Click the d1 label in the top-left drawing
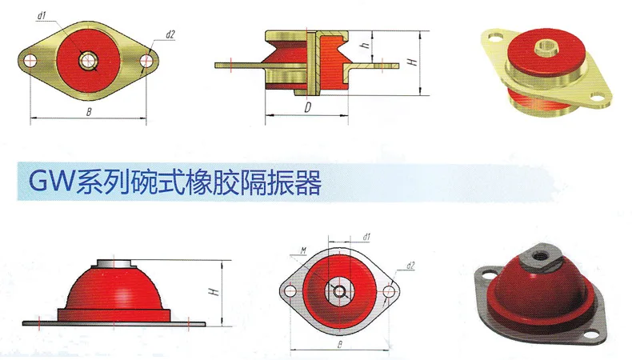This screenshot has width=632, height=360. click(41, 16)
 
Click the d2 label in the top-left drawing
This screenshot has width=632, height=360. click(170, 35)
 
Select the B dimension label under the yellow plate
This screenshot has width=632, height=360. click(89, 112)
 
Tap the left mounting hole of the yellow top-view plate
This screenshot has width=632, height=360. click(30, 61)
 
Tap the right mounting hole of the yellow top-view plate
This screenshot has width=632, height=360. click(146, 62)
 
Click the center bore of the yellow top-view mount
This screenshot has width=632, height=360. click(88, 61)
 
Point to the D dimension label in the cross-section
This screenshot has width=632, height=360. click(308, 108)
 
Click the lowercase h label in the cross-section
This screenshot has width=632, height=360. click(365, 44)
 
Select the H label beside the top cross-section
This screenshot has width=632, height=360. click(412, 62)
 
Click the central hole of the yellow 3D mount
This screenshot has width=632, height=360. click(546, 46)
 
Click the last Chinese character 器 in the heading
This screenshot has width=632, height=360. click(310, 182)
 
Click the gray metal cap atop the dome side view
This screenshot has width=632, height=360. click(114, 263)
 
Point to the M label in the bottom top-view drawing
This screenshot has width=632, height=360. click(303, 251)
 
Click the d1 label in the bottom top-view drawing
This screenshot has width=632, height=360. click(366, 237)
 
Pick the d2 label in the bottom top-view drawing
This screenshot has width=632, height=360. click(410, 266)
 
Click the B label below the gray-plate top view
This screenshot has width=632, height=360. click(340, 345)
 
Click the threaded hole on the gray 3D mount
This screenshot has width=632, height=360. click(538, 255)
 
